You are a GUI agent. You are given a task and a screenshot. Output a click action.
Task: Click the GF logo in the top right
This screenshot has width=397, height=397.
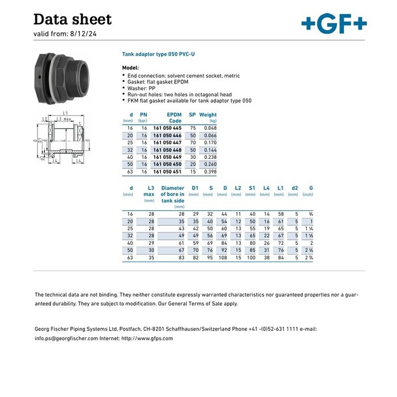coord(334,23)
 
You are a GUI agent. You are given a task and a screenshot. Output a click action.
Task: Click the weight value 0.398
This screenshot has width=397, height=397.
coord(210,171)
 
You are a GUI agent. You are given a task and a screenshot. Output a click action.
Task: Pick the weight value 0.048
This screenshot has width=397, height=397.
coord(210,128)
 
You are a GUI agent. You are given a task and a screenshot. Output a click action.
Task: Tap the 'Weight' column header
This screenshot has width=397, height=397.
coord(208,115)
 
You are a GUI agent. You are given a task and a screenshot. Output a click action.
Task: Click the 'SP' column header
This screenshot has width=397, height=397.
coord(192,115)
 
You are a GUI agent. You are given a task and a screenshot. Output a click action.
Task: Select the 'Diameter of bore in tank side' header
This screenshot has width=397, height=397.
coord(172,194)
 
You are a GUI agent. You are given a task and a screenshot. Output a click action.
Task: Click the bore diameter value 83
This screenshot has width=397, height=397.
coord(181,257)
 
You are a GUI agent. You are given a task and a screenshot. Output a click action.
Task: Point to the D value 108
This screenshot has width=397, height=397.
coord(222,257)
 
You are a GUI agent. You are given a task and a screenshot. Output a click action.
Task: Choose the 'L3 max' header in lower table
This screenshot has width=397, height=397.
coord(150,191)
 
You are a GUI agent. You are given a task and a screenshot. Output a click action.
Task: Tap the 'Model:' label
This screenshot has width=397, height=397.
coord(130,67)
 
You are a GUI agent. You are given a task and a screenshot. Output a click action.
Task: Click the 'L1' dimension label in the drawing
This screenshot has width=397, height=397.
coord(66,113)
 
